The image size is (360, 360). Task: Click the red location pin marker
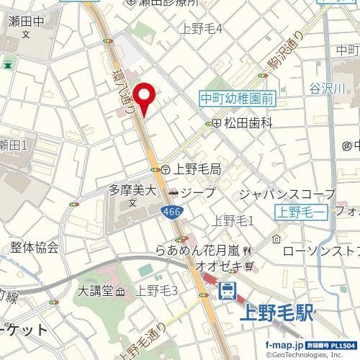tap(146, 99)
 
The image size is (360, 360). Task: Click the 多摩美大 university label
tap(132, 191)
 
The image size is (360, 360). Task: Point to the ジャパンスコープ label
tap(286, 194)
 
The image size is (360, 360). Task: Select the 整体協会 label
tap(35, 248)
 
